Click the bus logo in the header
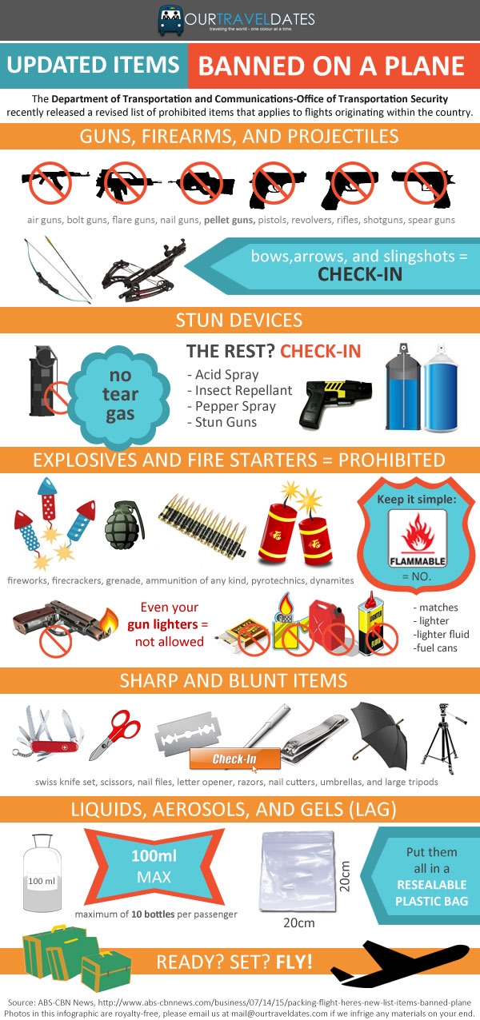(170, 20)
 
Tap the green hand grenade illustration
(125, 525)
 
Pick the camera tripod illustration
(442, 738)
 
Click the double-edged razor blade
(188, 734)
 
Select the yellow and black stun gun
(335, 400)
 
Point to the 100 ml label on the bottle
(42, 881)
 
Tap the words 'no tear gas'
(120, 394)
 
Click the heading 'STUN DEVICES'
(239, 320)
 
